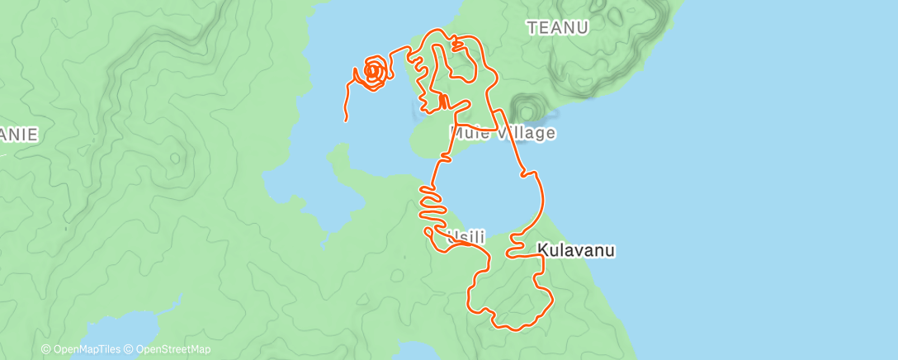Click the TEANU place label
558,28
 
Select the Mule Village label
503,133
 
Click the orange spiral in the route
373,73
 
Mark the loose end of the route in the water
345,121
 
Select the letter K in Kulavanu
542,249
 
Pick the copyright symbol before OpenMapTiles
46,350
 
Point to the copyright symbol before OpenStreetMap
130,350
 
